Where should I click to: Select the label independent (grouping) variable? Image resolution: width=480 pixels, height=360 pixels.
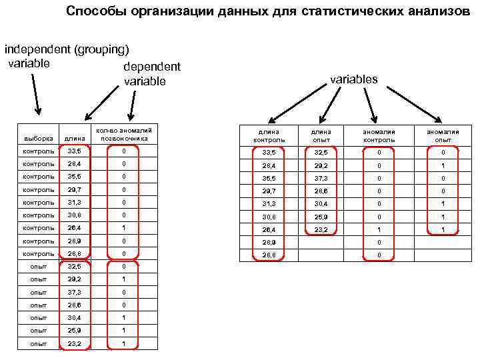[x=67, y=56]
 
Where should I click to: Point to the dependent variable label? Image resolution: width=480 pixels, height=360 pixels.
[x=152, y=75]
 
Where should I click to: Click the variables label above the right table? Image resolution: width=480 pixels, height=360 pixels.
[x=354, y=79]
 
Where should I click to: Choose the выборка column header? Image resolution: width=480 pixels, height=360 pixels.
[x=39, y=139]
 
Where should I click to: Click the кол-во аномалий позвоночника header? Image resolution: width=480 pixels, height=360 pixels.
[x=124, y=135]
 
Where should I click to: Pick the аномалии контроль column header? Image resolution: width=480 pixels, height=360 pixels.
[x=379, y=136]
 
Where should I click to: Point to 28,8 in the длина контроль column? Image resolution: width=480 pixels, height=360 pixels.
[x=269, y=255]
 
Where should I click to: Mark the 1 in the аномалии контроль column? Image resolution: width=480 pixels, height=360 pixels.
[x=379, y=229]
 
